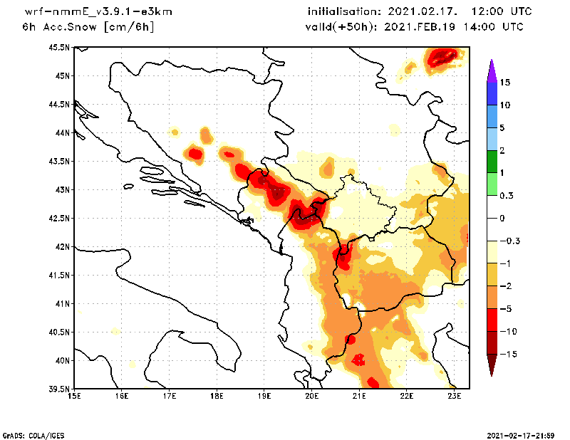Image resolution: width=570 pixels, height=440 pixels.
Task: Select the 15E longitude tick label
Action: [x=73, y=397]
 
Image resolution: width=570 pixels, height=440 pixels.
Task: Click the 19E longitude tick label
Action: [x=264, y=397]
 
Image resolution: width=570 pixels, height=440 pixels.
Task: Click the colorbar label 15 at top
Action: [x=505, y=83]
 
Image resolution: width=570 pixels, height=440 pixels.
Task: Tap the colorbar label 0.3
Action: [x=507, y=195]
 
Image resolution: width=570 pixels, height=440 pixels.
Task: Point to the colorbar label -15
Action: [x=507, y=354]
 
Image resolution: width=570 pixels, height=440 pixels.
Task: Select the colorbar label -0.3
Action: [x=509, y=241]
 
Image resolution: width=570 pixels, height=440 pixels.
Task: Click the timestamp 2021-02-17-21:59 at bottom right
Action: [x=521, y=434]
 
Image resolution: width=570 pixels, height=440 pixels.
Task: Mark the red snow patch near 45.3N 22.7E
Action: [x=442, y=57]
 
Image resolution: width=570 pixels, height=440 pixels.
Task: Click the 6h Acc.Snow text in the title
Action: [x=61, y=27]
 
